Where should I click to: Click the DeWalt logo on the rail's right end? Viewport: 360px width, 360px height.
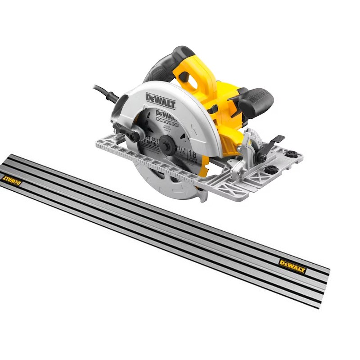click(x=292, y=266)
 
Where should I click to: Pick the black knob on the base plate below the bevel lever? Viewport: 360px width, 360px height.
click(x=271, y=169)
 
